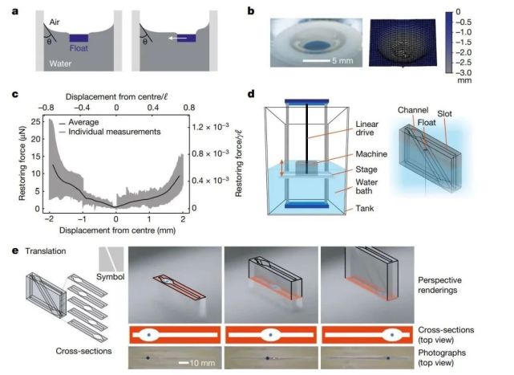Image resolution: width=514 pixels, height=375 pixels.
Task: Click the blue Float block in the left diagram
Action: coord(79,38)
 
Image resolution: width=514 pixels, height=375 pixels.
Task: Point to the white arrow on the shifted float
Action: coord(178,38)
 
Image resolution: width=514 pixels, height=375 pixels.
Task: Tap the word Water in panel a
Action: coord(60,63)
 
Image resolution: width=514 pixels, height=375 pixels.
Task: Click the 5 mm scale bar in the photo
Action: coord(316,60)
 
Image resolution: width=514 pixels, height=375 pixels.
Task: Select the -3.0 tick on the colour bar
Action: coord(463,72)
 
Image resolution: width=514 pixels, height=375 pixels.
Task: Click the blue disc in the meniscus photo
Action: coord(315,46)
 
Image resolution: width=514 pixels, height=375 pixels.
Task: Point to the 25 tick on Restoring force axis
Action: coord(36,122)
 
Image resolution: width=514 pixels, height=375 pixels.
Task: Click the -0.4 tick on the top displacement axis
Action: coord(81,108)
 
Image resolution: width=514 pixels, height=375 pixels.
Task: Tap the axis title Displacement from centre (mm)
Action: coord(117,230)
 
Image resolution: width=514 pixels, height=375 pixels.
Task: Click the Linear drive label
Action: coord(366,128)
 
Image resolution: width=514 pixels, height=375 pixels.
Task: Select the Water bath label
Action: coord(366,186)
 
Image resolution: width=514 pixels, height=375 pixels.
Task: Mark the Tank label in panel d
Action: coord(365,208)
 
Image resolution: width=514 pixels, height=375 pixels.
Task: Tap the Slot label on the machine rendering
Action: coord(444,114)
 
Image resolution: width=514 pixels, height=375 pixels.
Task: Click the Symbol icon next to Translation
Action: coord(111,259)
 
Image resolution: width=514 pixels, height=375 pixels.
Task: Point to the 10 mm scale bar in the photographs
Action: coord(184,363)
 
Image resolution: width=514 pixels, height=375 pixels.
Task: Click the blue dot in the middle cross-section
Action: coord(270,335)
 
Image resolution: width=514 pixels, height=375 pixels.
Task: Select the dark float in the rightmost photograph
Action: coord(388,358)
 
